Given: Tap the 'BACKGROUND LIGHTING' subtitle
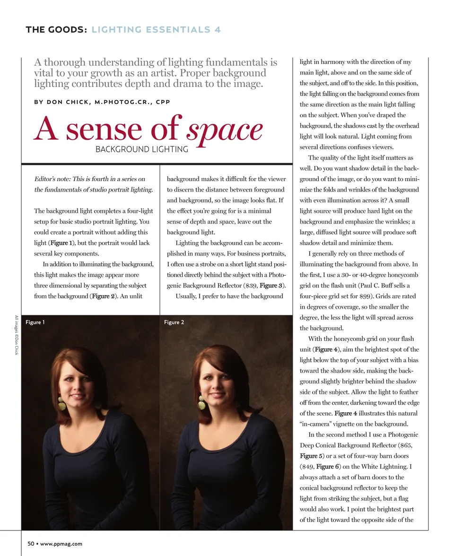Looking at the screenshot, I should click(x=142, y=149).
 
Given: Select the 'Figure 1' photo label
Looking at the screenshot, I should click(x=35, y=322).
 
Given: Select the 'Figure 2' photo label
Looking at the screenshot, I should click(x=174, y=322).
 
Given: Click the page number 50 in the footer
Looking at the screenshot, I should click(x=30, y=544).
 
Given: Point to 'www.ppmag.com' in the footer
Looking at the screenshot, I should click(x=61, y=544).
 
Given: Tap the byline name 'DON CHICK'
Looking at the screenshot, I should click(x=68, y=102).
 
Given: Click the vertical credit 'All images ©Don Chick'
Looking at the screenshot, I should click(x=17, y=335).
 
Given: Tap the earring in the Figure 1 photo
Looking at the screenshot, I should click(x=61, y=403).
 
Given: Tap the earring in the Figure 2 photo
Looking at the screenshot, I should click(x=201, y=402).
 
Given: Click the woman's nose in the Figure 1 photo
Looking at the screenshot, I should click(x=76, y=388).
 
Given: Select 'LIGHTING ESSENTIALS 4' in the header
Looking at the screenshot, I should click(x=156, y=30).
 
